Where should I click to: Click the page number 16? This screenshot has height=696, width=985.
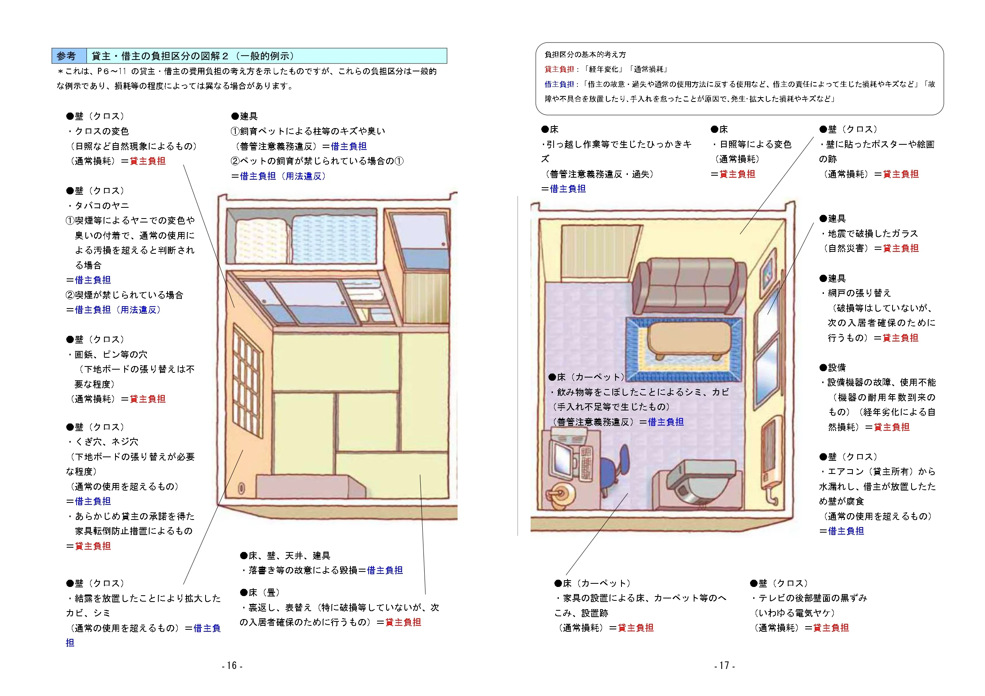pos(232,665)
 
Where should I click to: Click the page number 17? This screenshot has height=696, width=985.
pos(725,665)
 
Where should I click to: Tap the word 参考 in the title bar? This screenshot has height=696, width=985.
pos(67,56)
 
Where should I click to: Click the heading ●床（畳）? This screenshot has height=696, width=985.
pos(260,592)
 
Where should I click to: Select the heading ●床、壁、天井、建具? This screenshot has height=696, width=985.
pos(285,556)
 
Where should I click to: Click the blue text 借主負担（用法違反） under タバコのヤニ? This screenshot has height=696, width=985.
pos(117,310)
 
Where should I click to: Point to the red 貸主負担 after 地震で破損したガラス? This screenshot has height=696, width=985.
pos(900,248)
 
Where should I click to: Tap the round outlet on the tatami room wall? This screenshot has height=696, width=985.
pos(242,489)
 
